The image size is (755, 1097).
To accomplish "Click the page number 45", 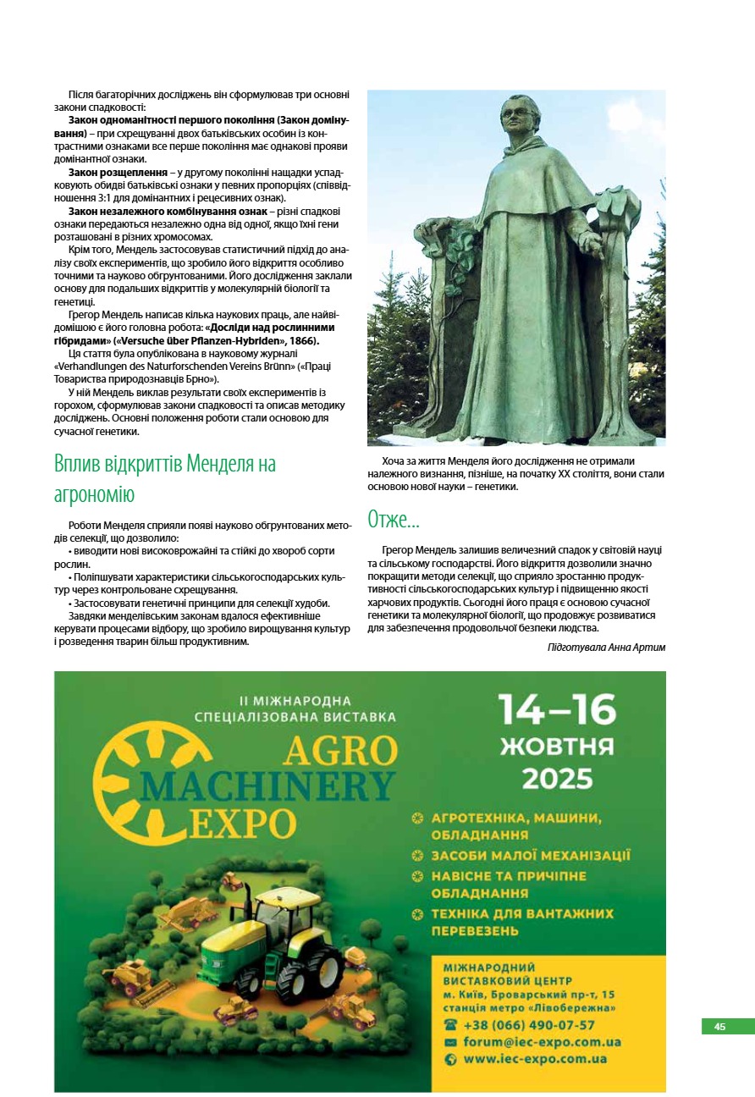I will pos(719,1027).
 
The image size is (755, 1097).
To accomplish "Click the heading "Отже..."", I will pos(394,519).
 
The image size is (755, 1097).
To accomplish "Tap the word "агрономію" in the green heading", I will pos(94,493).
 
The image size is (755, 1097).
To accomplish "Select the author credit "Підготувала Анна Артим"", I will pos(606,647).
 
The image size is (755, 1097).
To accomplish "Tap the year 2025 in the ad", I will pos(556,778).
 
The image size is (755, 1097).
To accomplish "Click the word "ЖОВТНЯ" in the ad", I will pos(556,747).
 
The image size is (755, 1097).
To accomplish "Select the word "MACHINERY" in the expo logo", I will pos(267,786).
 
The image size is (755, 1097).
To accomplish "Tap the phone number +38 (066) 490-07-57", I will pos(528,1025).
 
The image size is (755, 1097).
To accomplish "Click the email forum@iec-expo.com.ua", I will pos(542,1042).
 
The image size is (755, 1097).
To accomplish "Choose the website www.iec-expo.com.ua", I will pos(535,1059).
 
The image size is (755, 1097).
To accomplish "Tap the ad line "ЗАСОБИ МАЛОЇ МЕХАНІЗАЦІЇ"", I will pos(531,856).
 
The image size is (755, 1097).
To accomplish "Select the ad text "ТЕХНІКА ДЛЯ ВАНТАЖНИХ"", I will pos(522,914).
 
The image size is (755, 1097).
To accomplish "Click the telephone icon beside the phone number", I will pos(450,1025).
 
